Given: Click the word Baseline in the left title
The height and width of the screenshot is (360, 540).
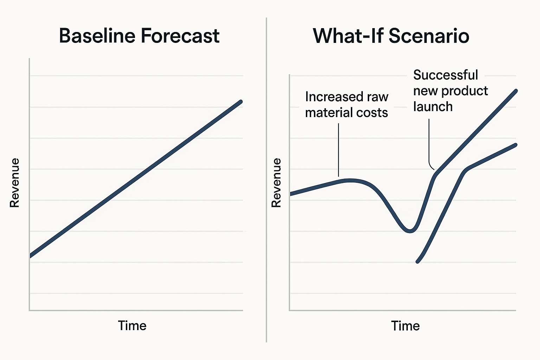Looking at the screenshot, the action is tap(97, 36).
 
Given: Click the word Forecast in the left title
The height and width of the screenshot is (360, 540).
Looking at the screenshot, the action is tap(180, 36).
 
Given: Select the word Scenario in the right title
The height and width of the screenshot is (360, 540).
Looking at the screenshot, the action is tap(429, 36).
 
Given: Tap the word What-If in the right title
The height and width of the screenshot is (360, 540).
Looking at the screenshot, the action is tap(348, 36).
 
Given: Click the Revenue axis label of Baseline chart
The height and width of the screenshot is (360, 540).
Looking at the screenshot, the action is tap(14, 183).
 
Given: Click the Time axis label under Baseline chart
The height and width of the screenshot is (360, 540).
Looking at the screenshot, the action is tap(132, 326).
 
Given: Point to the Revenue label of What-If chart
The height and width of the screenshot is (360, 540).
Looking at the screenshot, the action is tap(276, 183).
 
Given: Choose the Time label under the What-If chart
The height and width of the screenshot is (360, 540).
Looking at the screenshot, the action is tap(405, 326).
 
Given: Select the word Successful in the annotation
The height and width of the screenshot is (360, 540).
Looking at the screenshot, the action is tap(445, 75).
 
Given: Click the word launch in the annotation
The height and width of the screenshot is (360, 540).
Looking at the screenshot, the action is tap(433, 106).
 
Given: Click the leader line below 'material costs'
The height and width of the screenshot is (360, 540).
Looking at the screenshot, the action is tap(339, 150).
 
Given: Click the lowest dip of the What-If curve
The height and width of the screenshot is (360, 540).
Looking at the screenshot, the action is tap(410, 231).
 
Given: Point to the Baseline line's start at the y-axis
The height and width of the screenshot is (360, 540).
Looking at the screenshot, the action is tap(30, 256).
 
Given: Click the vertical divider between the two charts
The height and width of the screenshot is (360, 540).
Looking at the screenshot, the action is tap(266, 180).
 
